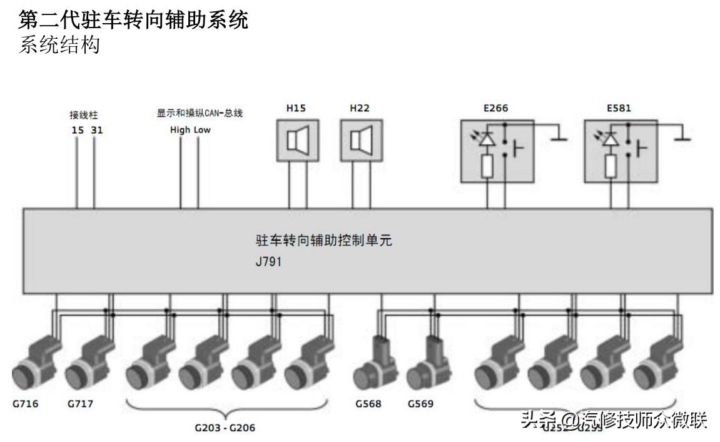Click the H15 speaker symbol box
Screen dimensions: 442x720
(x=297, y=140)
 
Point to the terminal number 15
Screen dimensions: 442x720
(x=76, y=130)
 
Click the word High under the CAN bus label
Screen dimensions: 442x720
(x=180, y=130)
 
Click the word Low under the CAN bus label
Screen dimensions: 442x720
(x=201, y=130)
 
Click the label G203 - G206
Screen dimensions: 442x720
(x=225, y=428)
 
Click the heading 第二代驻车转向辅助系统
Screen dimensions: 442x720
(x=133, y=20)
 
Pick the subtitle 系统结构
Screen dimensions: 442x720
(x=59, y=45)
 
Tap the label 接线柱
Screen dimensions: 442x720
(x=84, y=116)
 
